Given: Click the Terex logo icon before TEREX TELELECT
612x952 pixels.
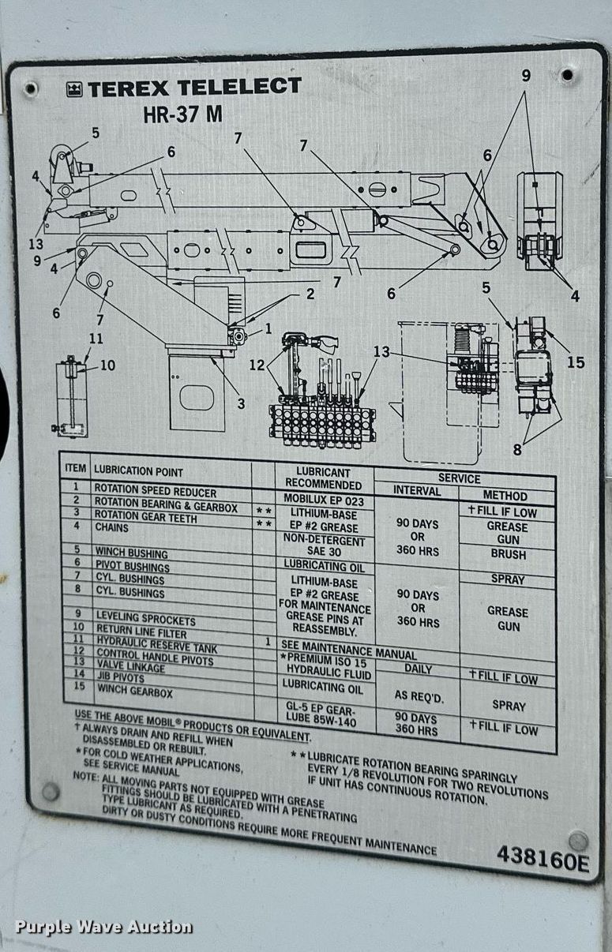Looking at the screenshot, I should click(x=75, y=89).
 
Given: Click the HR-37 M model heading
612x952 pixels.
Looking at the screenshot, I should click(x=182, y=114).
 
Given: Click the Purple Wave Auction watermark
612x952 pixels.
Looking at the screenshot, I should click(x=103, y=927).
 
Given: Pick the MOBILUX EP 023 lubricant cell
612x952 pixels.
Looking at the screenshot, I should click(x=325, y=500).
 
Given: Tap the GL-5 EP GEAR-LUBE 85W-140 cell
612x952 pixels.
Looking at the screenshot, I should click(x=325, y=714).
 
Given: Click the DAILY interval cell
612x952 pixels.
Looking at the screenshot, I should click(x=418, y=669).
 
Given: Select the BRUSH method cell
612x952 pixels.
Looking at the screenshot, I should click(x=508, y=555).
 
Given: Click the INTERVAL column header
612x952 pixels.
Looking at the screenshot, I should click(x=417, y=491).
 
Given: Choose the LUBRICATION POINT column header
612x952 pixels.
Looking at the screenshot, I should click(x=138, y=471).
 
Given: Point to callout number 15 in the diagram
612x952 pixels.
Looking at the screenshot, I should click(x=576, y=362).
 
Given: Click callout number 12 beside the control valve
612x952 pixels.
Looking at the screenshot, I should click(x=257, y=365).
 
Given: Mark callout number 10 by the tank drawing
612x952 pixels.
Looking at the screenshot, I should click(x=107, y=365).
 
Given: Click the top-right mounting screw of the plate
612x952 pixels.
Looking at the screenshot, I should click(x=567, y=76).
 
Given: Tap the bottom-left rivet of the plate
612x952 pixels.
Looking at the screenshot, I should click(x=51, y=791).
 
